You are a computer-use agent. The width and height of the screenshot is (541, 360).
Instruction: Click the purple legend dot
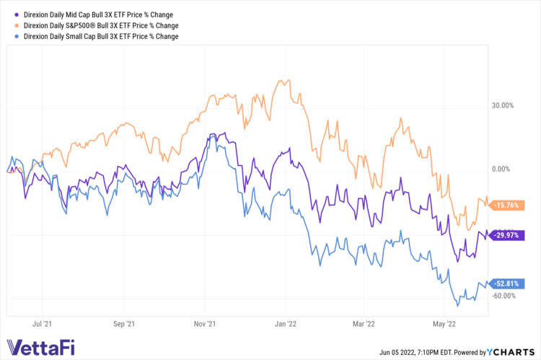(8, 14)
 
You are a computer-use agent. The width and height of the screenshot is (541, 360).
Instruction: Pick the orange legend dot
(8, 25)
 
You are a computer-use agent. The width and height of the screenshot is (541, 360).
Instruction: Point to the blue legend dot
(8, 36)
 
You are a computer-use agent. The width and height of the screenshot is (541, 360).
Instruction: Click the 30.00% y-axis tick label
(503, 105)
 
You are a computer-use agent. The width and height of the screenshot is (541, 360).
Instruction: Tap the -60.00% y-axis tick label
(503, 296)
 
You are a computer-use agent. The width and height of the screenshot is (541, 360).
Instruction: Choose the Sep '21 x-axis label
(124, 325)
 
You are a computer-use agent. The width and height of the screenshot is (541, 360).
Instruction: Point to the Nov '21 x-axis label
(206, 325)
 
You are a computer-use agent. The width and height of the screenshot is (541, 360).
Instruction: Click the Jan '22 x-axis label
(286, 325)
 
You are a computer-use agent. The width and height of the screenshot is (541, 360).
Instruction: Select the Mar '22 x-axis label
(365, 325)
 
